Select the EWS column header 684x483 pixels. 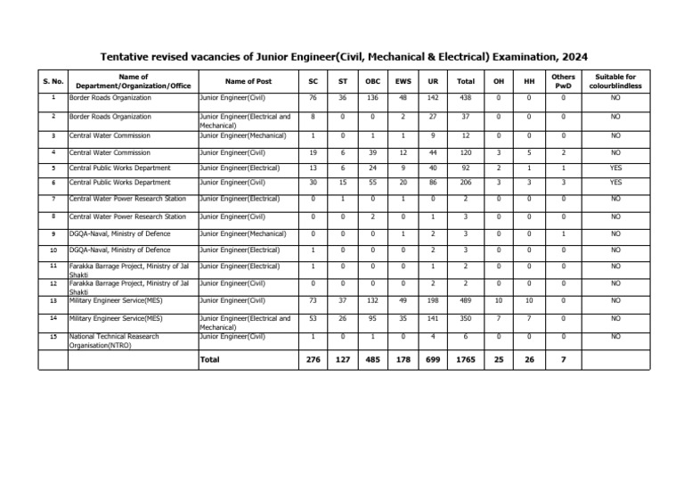click(402, 81)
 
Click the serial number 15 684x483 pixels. click(53, 336)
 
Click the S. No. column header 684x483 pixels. click(53, 81)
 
